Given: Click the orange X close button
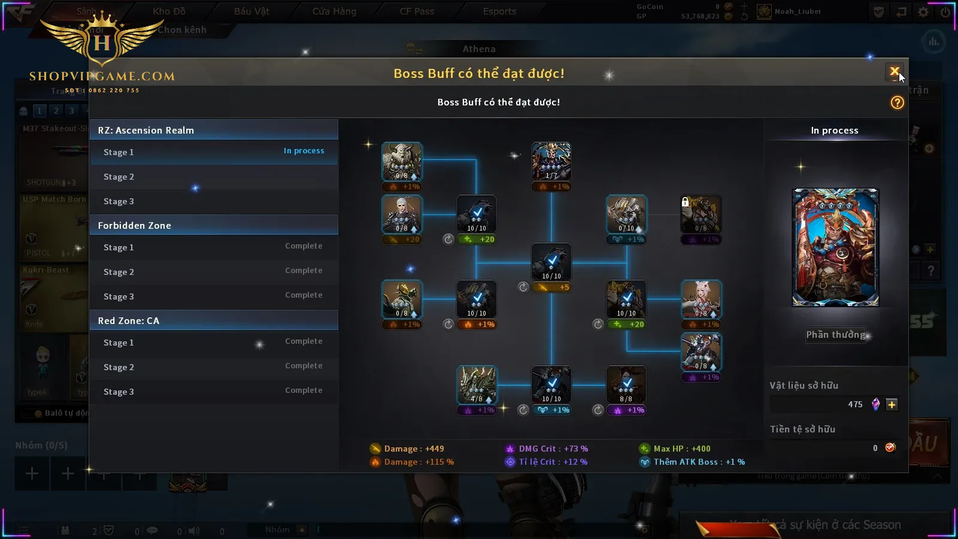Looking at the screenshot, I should [894, 72].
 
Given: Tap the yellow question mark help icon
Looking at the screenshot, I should [897, 102].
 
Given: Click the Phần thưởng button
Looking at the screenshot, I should [835, 335].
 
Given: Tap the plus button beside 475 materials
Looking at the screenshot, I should [892, 404].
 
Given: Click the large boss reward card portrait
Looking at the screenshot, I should [835, 247].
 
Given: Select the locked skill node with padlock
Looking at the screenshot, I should [701, 214].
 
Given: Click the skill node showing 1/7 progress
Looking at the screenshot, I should [551, 161].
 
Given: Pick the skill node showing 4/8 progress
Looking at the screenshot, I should [477, 384].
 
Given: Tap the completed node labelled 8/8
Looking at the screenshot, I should [626, 384].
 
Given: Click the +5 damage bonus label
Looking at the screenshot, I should [551, 287].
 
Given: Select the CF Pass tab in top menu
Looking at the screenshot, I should [417, 11].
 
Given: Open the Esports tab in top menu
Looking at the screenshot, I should [499, 11].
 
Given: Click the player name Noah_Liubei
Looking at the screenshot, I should [798, 11].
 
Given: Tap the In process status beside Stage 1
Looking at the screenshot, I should [304, 151].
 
